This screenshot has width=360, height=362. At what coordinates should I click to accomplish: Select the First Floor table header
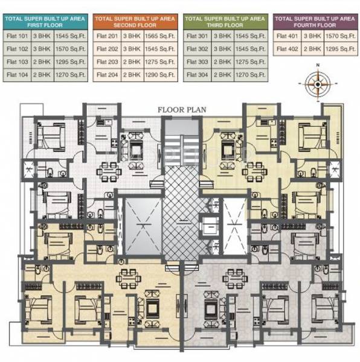[45, 22]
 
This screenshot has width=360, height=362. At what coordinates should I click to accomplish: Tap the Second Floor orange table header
[135, 22]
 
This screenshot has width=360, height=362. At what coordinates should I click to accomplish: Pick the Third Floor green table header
[225, 22]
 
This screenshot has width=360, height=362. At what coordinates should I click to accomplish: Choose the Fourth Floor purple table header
[314, 22]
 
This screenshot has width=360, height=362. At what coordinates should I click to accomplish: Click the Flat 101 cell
[18, 36]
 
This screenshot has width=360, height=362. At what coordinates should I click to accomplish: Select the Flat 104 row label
[18, 75]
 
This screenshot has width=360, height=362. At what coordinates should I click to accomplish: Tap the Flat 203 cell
[107, 62]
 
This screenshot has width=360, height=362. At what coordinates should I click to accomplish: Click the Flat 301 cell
[198, 36]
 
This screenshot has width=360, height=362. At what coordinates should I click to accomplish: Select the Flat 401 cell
[287, 36]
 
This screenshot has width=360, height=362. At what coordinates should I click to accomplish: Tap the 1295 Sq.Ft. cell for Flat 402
[340, 49]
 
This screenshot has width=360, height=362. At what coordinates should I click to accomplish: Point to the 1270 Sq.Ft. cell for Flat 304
[250, 75]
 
